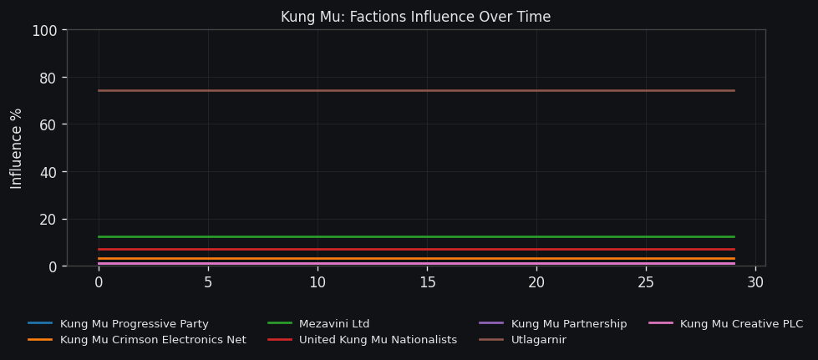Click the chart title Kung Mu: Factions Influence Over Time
(x=415, y=18)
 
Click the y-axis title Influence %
(x=17, y=149)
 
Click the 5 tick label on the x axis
(x=208, y=283)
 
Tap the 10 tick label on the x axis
(x=318, y=283)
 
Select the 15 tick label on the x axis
(x=427, y=283)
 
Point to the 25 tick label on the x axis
(x=646, y=283)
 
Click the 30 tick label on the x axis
(x=755, y=283)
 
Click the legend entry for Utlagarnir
(x=538, y=340)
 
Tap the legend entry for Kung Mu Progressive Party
(x=134, y=324)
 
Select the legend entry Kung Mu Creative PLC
(x=741, y=324)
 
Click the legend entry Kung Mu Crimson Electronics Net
(x=153, y=340)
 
